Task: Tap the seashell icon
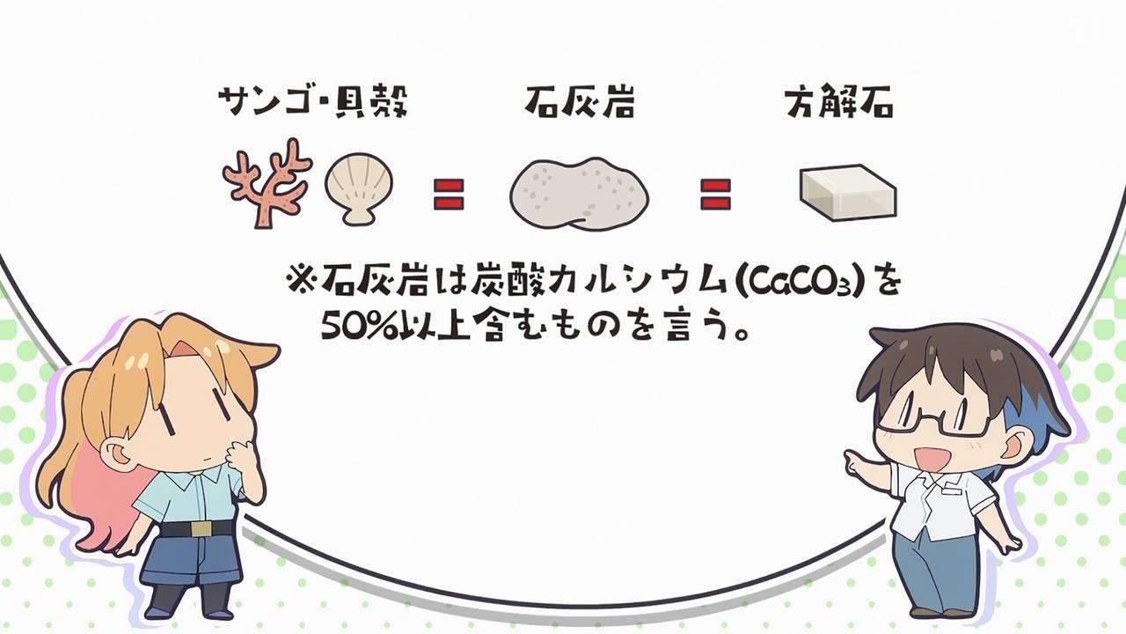tap(355, 186)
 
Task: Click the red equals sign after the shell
tap(449, 194)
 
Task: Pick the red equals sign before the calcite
tap(715, 194)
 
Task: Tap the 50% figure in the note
tap(348, 330)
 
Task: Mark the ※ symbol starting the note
tap(298, 282)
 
